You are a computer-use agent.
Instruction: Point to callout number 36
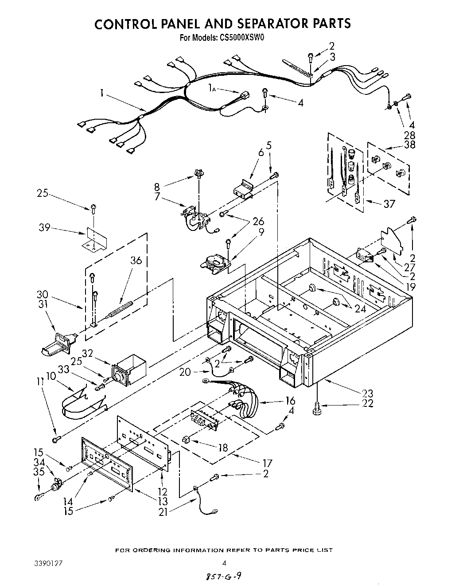(x=136, y=261)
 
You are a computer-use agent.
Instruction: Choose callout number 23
(x=368, y=393)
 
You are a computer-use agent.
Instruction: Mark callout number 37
(x=389, y=204)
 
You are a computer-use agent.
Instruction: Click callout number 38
(x=409, y=145)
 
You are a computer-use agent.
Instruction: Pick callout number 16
(x=290, y=401)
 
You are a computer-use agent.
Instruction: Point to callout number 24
(x=360, y=309)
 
